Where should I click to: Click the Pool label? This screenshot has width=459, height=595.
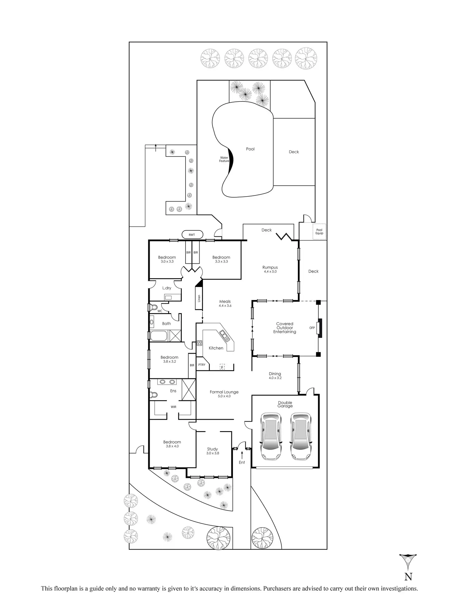coord(250,149)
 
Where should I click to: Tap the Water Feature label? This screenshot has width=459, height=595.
coord(224,159)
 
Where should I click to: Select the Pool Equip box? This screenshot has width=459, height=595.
coord(319,232)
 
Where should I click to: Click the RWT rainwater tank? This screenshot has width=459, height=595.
coord(192,235)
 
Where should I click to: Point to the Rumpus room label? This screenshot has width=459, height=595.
coord(270,268)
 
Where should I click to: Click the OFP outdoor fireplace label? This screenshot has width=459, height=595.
coord(312,328)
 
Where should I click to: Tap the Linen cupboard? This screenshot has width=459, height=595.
coord(199,298)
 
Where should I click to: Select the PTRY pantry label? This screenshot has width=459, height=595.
coord(202,365)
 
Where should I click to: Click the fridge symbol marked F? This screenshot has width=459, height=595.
coord(222,367)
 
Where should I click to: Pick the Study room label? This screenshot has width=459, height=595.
coord(212,449)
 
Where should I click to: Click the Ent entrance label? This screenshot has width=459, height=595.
coord(242,462)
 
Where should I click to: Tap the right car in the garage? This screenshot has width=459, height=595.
coord(301,436)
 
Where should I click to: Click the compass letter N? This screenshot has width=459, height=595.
coord(408,577)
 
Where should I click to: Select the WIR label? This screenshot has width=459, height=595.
coord(173,407)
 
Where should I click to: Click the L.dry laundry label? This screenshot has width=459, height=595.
coord(167,288)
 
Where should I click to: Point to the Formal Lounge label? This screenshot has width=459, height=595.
coord(224,392)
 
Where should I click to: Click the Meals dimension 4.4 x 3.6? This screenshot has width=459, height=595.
coord(225,306)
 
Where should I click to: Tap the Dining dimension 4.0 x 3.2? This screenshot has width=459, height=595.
coord(275,378)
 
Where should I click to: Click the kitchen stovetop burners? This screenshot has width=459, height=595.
coord(200,343)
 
